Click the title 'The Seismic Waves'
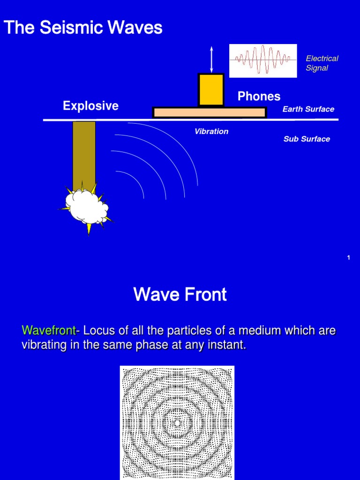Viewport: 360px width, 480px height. (83, 28)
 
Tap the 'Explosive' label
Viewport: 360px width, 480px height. (90, 106)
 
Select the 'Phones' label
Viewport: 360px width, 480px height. (259, 97)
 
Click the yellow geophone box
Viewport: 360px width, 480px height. (211, 90)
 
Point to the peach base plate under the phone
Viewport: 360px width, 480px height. (209, 112)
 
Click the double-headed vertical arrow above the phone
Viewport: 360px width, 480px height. (211, 59)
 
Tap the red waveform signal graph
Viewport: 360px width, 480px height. (262, 60)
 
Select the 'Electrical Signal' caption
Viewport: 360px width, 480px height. (322, 63)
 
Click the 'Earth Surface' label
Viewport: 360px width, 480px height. (308, 109)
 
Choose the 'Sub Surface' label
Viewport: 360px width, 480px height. (307, 139)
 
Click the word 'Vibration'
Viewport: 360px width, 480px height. (211, 132)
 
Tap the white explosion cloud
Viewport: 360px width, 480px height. (86, 206)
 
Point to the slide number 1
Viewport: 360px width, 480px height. (349, 257)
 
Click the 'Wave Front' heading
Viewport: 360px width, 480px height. (180, 295)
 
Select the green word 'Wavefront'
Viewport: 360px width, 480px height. (48, 331)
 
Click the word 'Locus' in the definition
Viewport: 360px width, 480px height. (97, 331)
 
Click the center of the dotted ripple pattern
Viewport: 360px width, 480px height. (177, 423)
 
